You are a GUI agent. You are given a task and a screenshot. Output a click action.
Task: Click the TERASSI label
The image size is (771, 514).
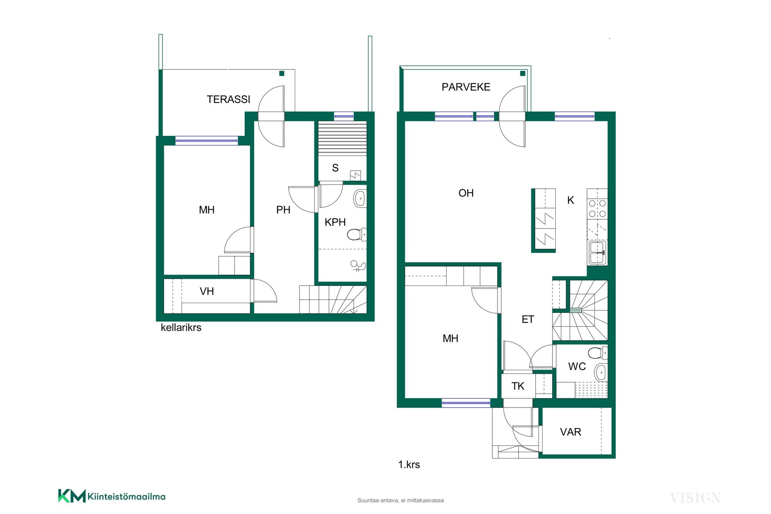click(228, 99)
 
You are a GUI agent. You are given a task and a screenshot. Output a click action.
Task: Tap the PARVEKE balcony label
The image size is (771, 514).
click(466, 87)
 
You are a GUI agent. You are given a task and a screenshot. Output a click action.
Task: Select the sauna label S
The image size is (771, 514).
click(335, 168)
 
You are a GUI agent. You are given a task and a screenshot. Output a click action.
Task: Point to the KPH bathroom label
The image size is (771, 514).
click(335, 222)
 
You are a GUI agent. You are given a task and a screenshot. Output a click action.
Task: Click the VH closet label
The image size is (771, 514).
click(207, 291)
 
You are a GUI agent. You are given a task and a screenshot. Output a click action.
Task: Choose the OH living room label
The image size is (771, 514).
click(466, 193)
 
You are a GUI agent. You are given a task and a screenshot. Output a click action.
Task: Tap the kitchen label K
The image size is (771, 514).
click(571, 200)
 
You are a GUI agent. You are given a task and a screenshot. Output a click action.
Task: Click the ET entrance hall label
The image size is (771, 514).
click(528, 319)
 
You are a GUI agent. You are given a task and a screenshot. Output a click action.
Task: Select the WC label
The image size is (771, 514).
click(577, 366)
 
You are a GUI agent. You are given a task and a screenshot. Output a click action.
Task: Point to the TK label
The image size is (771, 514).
click(518, 386)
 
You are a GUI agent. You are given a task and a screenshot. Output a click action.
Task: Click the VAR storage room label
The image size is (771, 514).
click(570, 432)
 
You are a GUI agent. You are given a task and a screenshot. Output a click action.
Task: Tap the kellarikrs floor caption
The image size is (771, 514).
click(181, 328)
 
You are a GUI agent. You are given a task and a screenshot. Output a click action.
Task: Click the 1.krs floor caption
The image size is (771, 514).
click(409, 465)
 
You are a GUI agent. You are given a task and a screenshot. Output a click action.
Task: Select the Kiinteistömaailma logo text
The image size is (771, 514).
click(126, 497)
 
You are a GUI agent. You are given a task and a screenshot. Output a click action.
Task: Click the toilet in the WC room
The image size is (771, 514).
click(598, 353)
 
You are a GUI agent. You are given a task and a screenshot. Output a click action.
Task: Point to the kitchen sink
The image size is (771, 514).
click(598, 253)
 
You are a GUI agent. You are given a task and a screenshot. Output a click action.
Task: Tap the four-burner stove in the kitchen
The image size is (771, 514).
click(597, 209)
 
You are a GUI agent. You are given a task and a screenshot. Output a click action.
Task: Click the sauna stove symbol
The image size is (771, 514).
click(355, 175)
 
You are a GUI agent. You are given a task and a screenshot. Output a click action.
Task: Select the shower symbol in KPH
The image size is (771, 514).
click(358, 266)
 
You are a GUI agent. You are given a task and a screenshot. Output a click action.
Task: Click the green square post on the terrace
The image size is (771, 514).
click(282, 73)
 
